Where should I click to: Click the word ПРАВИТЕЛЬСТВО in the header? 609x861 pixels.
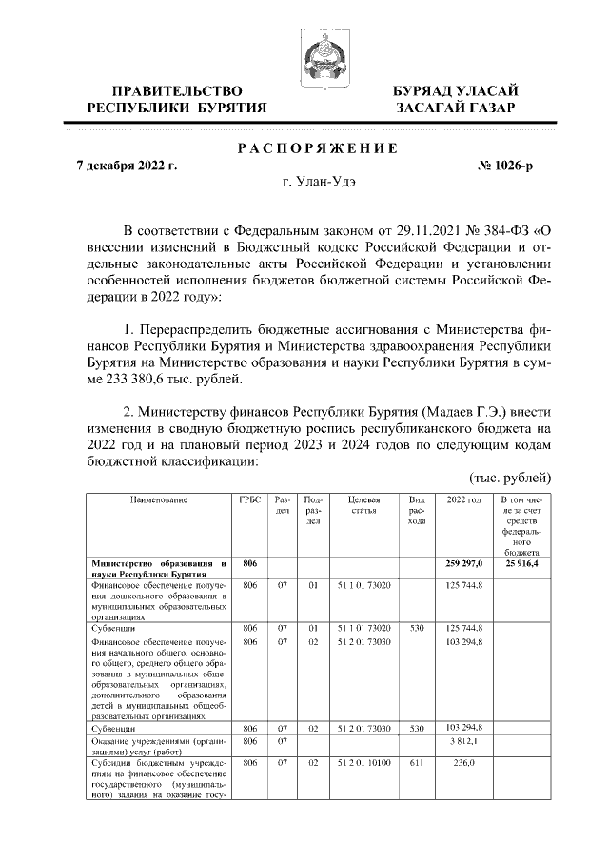176,90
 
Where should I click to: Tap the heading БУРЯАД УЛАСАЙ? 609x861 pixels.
456,90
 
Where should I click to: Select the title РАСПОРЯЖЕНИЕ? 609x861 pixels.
317,147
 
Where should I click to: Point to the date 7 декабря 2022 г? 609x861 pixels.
127,166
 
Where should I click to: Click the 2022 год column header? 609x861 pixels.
463,499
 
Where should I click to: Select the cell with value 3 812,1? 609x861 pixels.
463,741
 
